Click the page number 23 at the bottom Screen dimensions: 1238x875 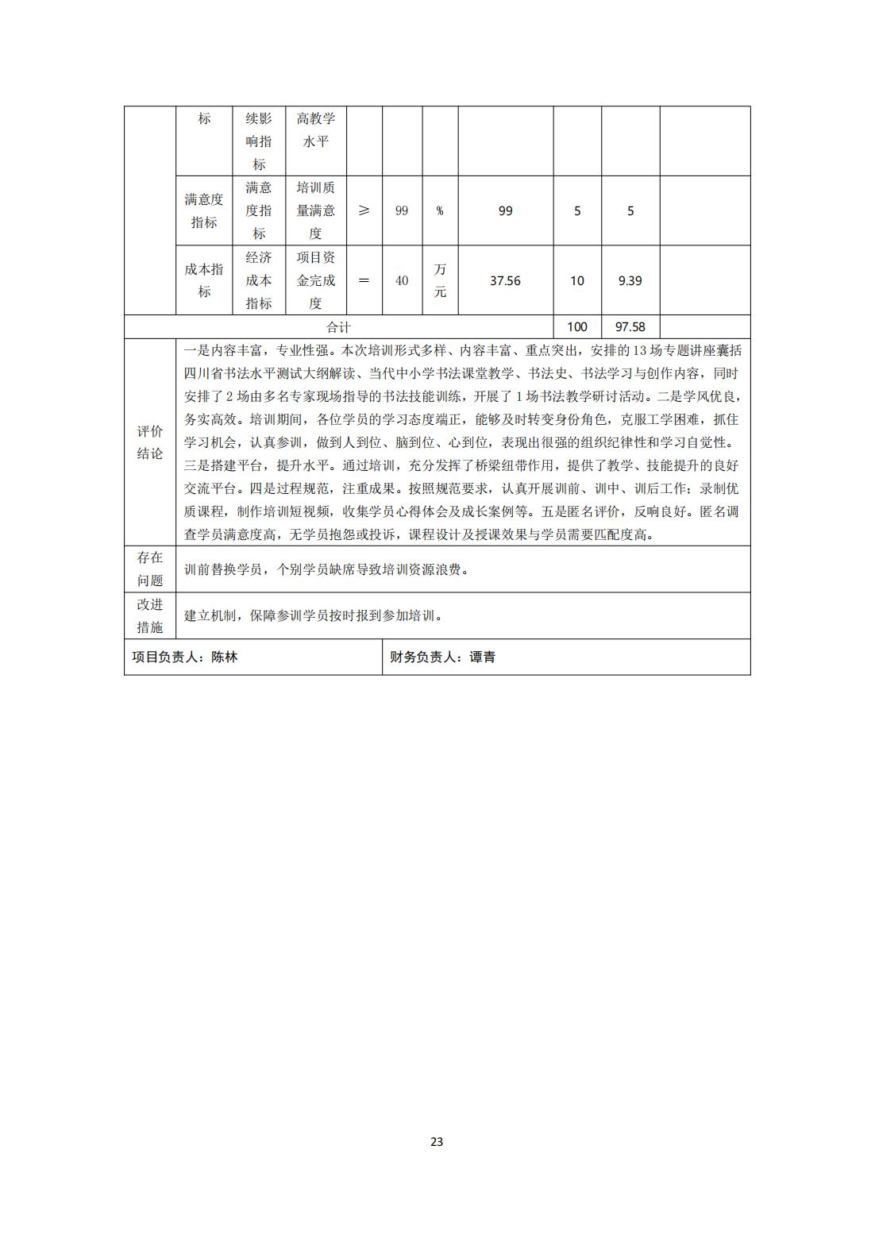[437, 1142]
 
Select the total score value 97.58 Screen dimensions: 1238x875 [630, 326]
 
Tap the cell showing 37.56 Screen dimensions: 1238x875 [505, 280]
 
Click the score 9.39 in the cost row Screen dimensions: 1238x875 [630, 280]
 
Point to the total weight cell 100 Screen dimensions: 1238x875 [577, 326]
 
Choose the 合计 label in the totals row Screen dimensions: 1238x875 [338, 327]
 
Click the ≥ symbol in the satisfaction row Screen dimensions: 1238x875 [364, 210]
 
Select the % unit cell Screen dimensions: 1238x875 [440, 211]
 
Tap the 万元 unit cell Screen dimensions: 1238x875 [440, 280]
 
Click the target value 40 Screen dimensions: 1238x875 [402, 280]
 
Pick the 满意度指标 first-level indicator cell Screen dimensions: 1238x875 [204, 210]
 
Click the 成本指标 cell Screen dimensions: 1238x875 [204, 280]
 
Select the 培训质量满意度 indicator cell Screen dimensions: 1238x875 [316, 210]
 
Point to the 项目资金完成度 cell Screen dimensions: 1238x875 [316, 280]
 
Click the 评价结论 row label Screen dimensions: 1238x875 [150, 442]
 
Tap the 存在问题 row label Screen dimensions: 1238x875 [150, 569]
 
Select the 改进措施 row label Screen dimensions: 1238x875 [150, 615]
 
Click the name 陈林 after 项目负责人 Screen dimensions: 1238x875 [225, 658]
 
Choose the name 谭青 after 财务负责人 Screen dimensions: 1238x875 [483, 658]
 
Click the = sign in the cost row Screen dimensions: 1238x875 [364, 280]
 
